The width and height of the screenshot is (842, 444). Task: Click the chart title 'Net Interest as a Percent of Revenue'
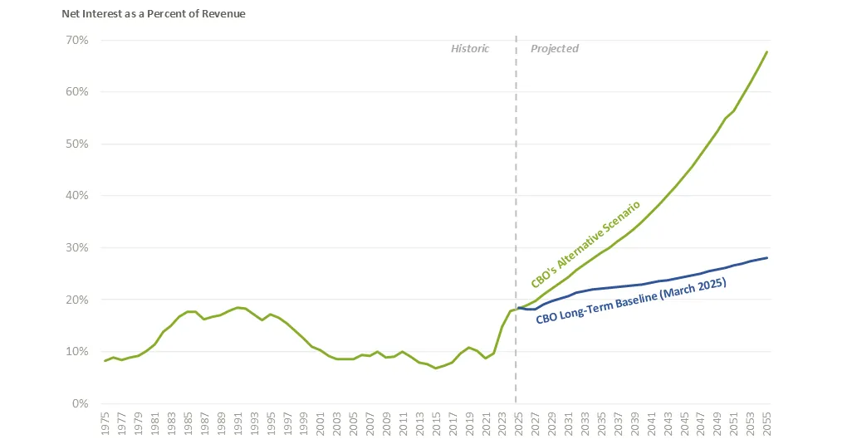coord(154,14)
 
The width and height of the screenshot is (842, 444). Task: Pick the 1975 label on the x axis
coord(105,422)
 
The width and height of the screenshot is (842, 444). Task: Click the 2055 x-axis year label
coord(767,422)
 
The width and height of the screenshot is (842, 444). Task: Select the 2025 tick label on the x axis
coord(519,422)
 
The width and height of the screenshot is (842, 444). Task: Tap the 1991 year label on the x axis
coord(237,422)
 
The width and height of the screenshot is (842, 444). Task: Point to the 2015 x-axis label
coord(436,422)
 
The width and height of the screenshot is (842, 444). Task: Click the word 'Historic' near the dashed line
coord(470,49)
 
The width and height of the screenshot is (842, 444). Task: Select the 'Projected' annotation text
coord(555,49)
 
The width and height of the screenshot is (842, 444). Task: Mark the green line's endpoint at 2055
coord(766,51)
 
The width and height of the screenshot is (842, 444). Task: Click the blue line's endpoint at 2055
coord(766,258)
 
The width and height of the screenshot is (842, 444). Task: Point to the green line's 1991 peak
coord(237,307)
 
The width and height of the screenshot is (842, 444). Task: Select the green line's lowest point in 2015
coord(436,368)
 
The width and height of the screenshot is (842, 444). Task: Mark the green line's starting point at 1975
coord(105,360)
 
